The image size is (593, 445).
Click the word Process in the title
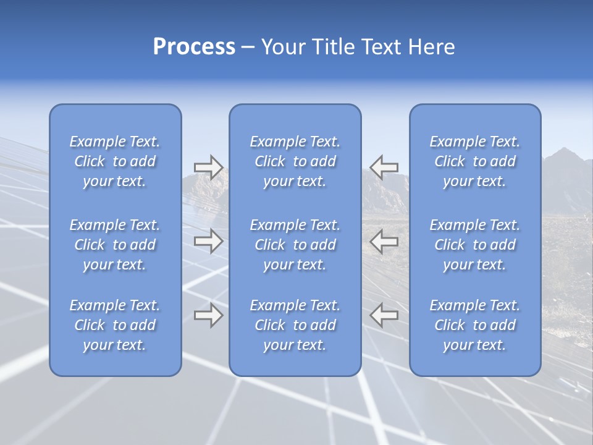[x=194, y=47]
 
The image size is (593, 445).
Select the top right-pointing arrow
[x=208, y=167]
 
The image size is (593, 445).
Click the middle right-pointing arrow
[x=208, y=241]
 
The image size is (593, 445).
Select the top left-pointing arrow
[x=384, y=167]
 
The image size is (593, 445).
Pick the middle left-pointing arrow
[x=384, y=241]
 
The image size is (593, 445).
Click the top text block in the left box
[x=115, y=161]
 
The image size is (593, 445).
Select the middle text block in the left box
[x=115, y=245]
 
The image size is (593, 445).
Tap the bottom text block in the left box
[x=115, y=325]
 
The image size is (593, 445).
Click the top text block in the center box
[x=295, y=161]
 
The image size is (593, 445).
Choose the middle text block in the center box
[x=295, y=245]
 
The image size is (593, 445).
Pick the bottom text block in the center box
[x=295, y=325]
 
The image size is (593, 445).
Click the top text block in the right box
[x=475, y=161]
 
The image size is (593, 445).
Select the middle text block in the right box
[x=475, y=245]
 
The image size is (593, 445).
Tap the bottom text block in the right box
[x=475, y=325]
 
